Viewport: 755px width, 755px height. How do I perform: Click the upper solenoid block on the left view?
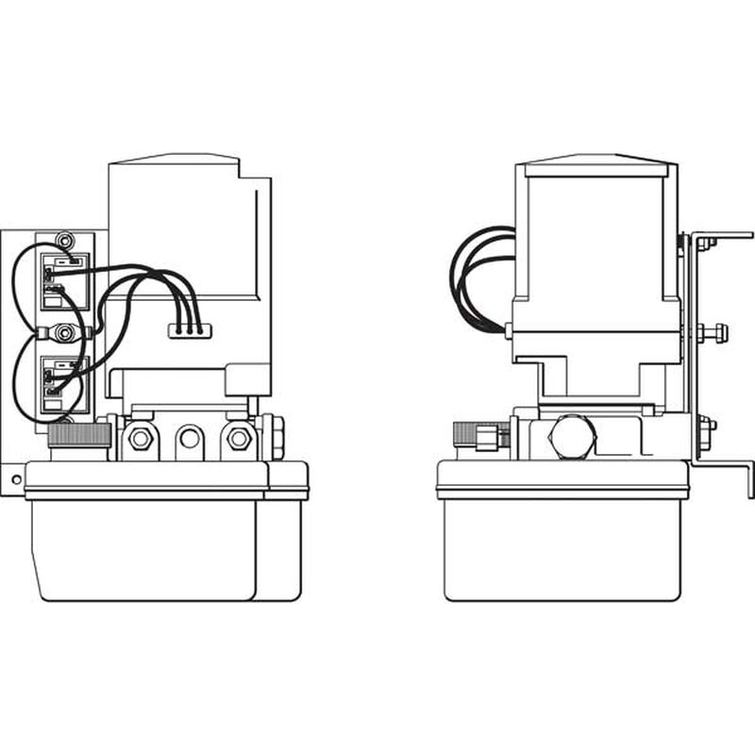[64, 281]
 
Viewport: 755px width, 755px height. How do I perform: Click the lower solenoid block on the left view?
[64, 384]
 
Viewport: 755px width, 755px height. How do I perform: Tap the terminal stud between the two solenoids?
[64, 332]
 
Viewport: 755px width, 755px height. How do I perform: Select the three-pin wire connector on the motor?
[186, 330]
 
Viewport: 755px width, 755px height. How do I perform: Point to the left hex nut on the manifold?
[141, 438]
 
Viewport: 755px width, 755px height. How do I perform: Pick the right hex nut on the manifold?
[240, 438]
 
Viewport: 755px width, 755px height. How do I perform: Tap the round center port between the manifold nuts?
[190, 438]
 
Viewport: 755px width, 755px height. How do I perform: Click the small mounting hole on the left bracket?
[16, 479]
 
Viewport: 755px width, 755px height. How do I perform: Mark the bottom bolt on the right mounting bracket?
[706, 427]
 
